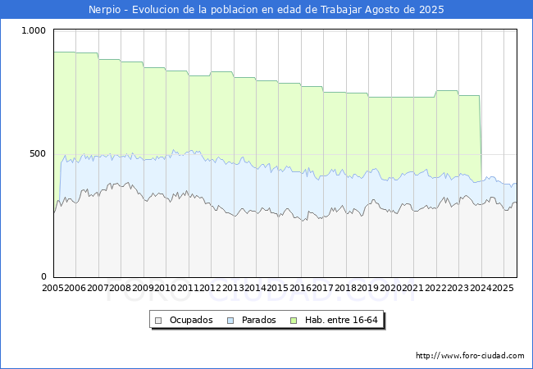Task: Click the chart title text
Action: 266,10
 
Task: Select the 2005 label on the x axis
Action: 53,289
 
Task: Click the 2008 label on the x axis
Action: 121,289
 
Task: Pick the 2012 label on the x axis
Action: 211,289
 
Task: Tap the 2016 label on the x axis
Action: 300,289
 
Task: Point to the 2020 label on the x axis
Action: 390,289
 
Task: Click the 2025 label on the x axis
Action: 502,289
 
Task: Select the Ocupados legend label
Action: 191,320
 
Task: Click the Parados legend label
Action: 259,320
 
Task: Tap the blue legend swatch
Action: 231,320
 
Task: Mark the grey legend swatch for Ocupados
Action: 158,320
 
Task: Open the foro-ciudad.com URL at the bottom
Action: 470,356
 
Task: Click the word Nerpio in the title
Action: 105,10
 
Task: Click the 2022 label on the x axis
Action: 435,289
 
